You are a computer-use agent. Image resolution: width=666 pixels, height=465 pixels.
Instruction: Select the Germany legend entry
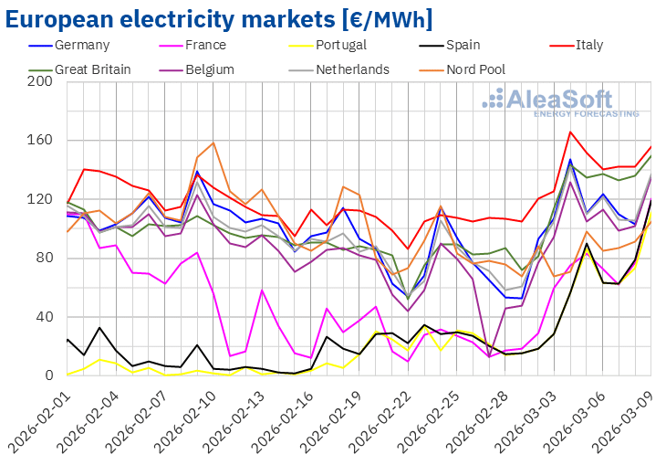pyautogui.click(x=82, y=45)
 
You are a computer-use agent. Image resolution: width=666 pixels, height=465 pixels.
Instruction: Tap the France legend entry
pyautogui.click(x=212, y=45)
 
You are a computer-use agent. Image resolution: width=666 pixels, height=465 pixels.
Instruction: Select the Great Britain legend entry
pyautogui.click(x=92, y=69)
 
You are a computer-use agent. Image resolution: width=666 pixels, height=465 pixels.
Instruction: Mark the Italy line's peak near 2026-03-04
pyautogui.click(x=570, y=132)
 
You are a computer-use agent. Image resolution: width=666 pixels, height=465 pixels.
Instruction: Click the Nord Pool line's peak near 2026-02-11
pyautogui.click(x=213, y=143)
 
